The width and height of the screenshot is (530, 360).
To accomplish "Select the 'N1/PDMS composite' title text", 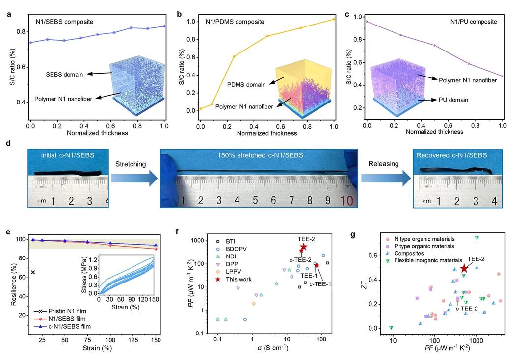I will pyautogui.click(x=235, y=22).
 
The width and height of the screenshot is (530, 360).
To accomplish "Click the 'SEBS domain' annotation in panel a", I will pyautogui.click(x=62, y=74).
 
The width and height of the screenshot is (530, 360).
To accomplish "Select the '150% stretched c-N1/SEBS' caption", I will pyautogui.click(x=259, y=156).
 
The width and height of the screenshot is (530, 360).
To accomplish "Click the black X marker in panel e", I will pyautogui.click(x=33, y=272).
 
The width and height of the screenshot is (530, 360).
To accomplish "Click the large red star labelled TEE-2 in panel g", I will pyautogui.click(x=464, y=268).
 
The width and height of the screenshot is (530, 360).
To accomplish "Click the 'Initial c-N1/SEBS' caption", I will pyautogui.click(x=68, y=155).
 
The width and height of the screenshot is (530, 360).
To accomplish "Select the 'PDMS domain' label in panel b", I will pyautogui.click(x=247, y=84).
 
